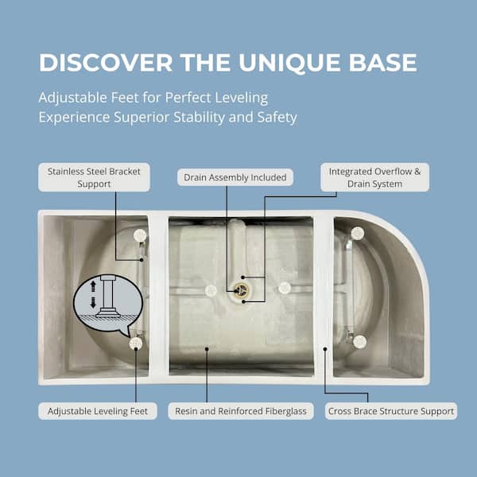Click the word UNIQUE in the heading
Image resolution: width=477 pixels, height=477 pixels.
point(289,63)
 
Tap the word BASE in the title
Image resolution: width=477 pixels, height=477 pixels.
point(382,63)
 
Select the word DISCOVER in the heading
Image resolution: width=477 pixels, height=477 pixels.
point(106,63)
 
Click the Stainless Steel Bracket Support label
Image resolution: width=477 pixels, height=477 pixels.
point(94,177)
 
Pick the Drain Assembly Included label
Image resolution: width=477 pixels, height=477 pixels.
point(235,177)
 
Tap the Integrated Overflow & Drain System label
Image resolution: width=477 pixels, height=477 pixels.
point(374,177)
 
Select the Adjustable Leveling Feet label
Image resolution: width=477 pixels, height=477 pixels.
point(98,411)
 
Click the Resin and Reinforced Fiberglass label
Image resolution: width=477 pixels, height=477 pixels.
point(241,411)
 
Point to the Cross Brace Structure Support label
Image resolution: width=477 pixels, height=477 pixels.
point(391,411)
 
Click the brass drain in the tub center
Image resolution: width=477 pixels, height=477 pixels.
point(241,290)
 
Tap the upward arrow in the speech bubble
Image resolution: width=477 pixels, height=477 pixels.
point(93,286)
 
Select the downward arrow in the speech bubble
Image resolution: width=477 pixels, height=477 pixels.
point(93,302)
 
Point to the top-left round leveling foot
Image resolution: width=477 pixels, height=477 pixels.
point(140,235)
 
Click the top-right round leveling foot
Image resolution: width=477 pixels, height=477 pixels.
point(358,234)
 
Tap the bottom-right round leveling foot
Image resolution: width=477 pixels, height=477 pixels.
point(359,342)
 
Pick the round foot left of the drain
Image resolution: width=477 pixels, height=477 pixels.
point(211,290)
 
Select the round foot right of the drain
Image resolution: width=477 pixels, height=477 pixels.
point(285,288)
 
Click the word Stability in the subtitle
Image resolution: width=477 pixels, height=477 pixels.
point(199,118)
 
